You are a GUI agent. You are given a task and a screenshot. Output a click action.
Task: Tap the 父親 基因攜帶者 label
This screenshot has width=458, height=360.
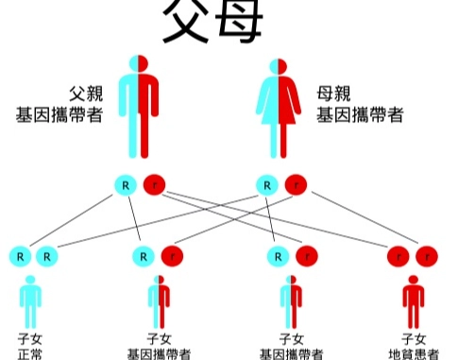(56, 105)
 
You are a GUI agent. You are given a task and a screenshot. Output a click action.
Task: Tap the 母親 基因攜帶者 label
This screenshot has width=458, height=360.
(359, 105)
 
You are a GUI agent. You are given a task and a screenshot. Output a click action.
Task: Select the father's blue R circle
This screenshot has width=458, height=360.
(126, 183)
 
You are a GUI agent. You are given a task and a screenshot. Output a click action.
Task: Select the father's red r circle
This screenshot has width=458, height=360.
(154, 183)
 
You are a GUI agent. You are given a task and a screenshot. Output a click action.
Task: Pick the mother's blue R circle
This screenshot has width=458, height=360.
(268, 183)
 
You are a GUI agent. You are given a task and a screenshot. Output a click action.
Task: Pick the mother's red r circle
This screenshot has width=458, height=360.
(296, 183)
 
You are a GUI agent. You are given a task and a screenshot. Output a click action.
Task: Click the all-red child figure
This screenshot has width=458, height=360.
(413, 301)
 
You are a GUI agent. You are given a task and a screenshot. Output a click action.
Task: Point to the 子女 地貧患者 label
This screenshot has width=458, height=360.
(414, 346)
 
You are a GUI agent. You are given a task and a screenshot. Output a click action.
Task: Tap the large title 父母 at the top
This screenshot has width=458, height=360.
(211, 23)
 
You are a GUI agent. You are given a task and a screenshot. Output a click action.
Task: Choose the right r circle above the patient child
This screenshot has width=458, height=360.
(427, 255)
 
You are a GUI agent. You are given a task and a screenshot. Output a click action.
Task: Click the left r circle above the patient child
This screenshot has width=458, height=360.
(399, 255)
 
